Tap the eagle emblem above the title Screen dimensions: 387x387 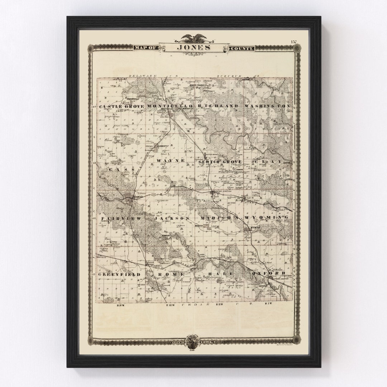(x=193, y=38)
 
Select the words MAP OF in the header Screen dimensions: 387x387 (x=145, y=48)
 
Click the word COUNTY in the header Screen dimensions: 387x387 (x=242, y=48)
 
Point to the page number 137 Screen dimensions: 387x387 (x=294, y=42)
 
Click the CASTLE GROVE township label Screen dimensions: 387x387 (x=121, y=106)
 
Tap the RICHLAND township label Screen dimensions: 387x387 (x=217, y=106)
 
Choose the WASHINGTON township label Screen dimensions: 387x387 (x=267, y=106)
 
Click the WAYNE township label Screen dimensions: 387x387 (x=170, y=161)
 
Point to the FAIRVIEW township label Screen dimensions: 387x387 (x=117, y=218)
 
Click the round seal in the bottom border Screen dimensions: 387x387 (x=193, y=341)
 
